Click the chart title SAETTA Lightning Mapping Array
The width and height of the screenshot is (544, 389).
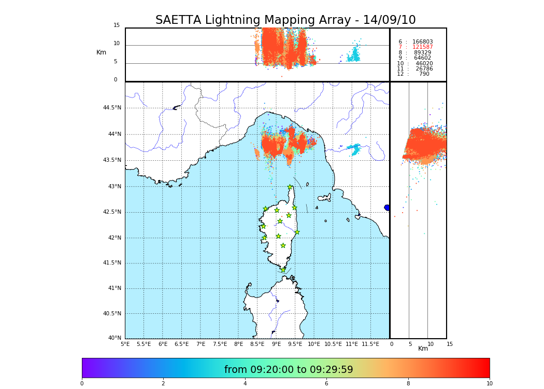[x=285, y=20]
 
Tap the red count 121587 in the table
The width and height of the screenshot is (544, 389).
[x=422, y=47]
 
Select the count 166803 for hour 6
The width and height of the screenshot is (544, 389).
[x=422, y=42]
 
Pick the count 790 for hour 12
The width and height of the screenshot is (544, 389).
[x=424, y=74]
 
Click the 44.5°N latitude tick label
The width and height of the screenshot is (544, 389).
[x=111, y=108]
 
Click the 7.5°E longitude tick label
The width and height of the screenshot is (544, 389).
[x=220, y=344]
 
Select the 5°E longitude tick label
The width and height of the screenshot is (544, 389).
[x=125, y=344]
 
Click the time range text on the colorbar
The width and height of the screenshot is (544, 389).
[x=288, y=370]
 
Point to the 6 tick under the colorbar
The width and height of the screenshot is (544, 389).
[x=326, y=384]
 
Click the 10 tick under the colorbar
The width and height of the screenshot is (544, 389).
[x=489, y=384]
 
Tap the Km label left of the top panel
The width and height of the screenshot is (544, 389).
[x=101, y=52]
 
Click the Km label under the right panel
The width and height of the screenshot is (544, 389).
[x=423, y=349]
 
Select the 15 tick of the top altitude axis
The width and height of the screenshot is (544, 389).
[x=117, y=25]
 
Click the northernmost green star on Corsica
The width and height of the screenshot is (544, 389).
[x=290, y=187]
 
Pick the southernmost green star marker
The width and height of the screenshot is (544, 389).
[x=283, y=270]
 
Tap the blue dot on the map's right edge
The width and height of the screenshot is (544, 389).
[x=387, y=207]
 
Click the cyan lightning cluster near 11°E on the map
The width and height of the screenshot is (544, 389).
[x=355, y=149]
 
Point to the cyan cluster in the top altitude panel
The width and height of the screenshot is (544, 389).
[x=354, y=54]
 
